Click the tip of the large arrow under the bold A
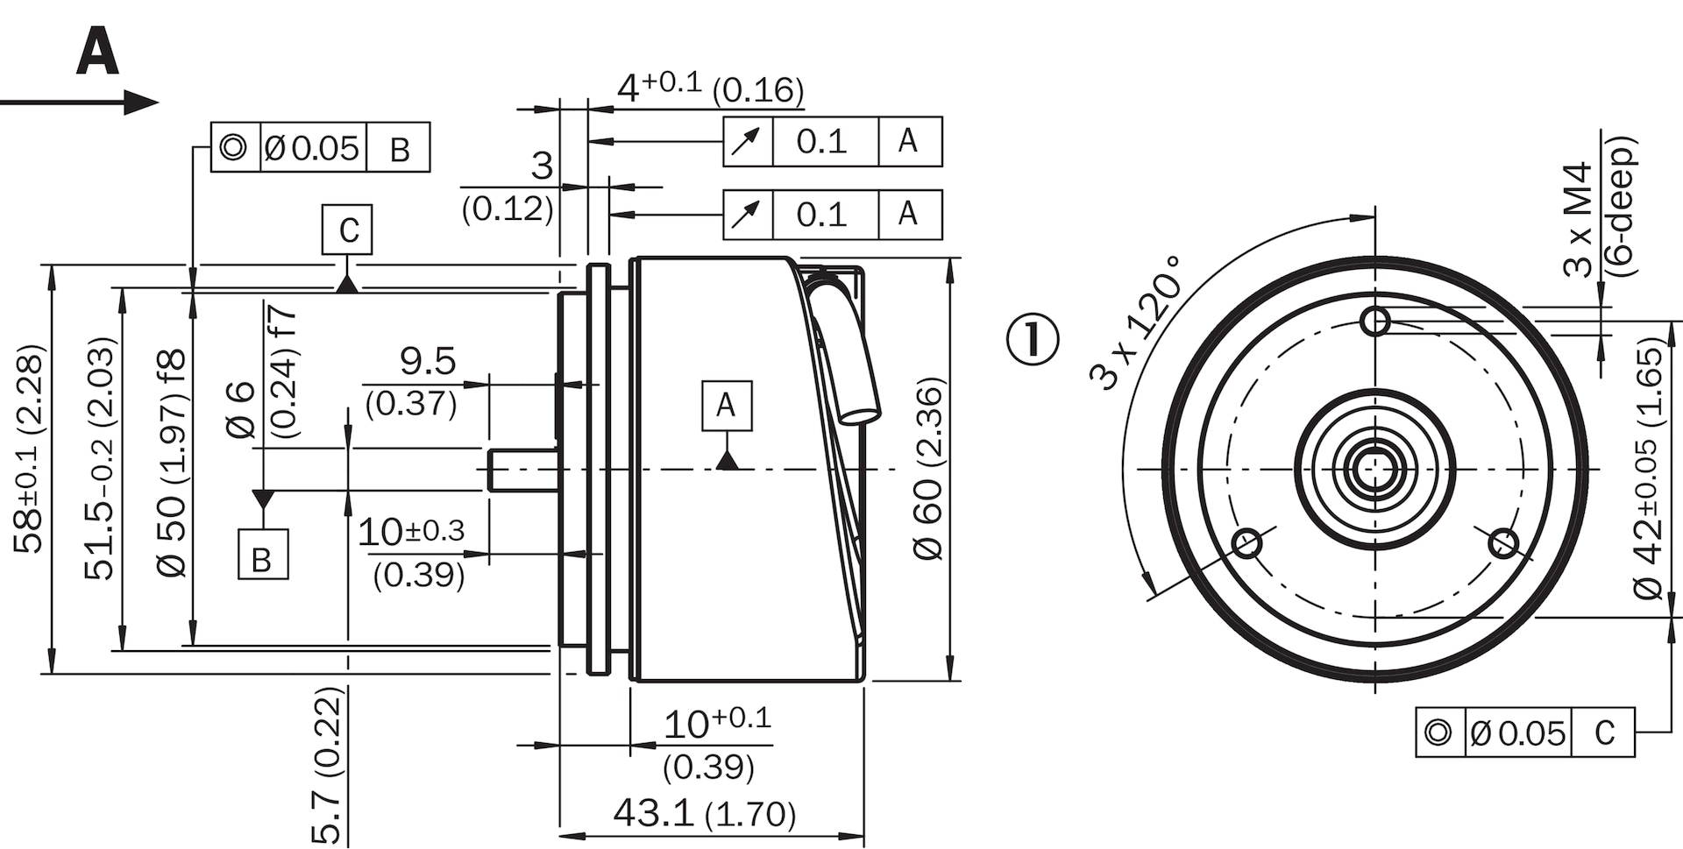[x=159, y=102]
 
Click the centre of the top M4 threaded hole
[x=1375, y=322]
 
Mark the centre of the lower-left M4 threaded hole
[x=1247, y=544]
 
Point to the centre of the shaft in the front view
[x=1375, y=470]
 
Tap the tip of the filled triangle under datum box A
[x=727, y=453]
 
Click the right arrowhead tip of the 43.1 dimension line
[x=864, y=834]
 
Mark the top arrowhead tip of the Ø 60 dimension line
[x=950, y=258]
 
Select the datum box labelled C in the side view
[x=347, y=230]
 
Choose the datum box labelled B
[x=263, y=554]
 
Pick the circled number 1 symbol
[x=1033, y=339]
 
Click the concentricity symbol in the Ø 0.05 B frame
[x=233, y=147]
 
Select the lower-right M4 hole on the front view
[x=1503, y=543]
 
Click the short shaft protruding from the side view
[x=522, y=470]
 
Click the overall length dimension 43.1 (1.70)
[x=705, y=813]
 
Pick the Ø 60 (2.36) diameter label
[x=929, y=469]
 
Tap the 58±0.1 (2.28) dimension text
[x=29, y=449]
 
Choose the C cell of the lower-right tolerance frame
[x=1604, y=732]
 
